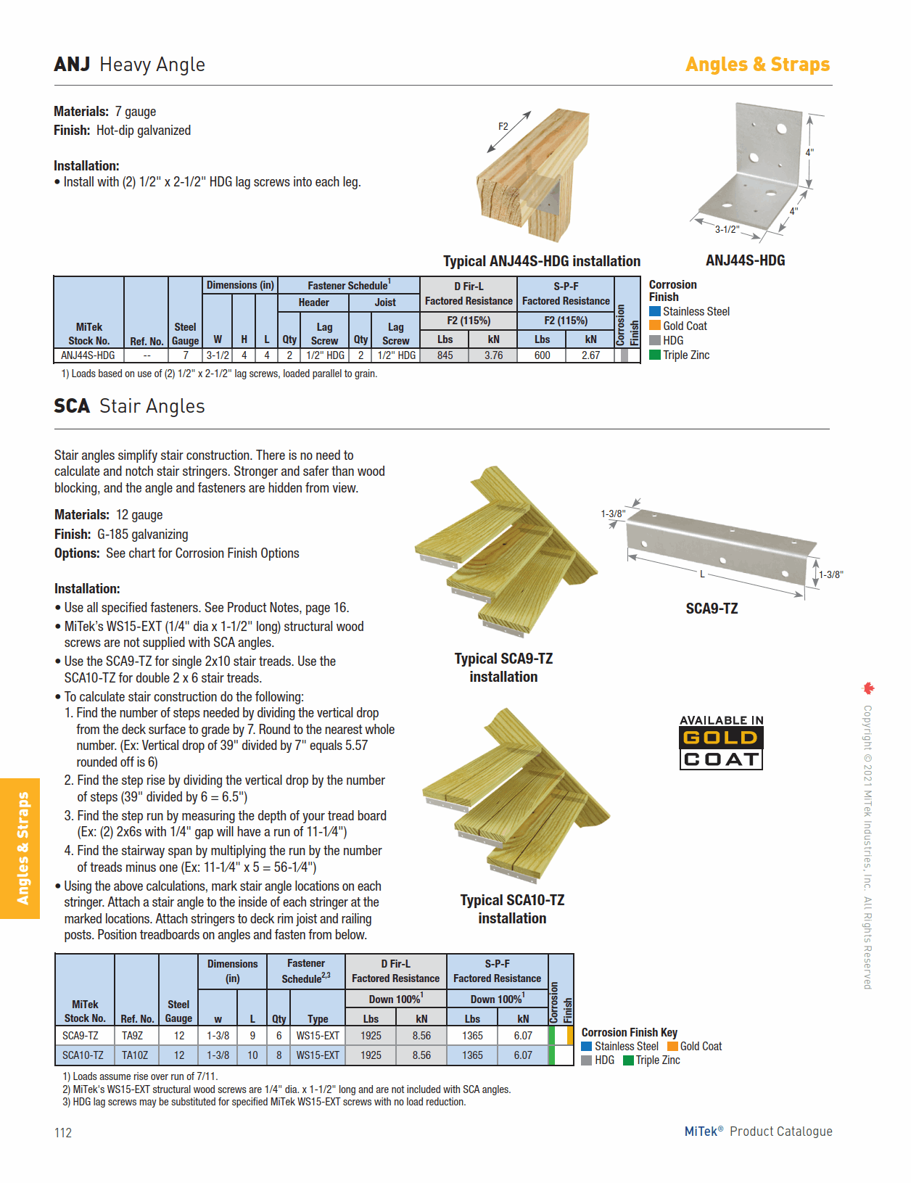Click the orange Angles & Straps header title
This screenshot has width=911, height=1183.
757,65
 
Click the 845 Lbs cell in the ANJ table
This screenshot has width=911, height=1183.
445,355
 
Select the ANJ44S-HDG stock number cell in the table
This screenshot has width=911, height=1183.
88,355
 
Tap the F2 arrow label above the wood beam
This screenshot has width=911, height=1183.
503,126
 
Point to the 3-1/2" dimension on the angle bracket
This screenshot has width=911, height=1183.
727,229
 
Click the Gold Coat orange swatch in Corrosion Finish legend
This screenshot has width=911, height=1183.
655,326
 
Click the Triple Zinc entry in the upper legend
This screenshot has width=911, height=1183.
685,355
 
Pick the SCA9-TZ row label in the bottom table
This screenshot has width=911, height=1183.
81,1036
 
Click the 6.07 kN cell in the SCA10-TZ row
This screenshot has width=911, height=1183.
523,1055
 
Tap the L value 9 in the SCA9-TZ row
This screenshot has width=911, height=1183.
252,1036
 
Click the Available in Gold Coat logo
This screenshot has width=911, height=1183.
721,742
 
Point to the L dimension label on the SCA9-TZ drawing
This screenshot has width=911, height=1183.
702,574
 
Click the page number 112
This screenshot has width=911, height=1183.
63,1133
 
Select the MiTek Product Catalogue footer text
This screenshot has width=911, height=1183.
758,1132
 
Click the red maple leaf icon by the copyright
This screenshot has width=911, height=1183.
868,688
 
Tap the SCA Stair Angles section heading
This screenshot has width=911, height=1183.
130,406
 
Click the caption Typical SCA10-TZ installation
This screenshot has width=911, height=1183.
512,909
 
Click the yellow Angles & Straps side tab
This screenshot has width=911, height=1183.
20,848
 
